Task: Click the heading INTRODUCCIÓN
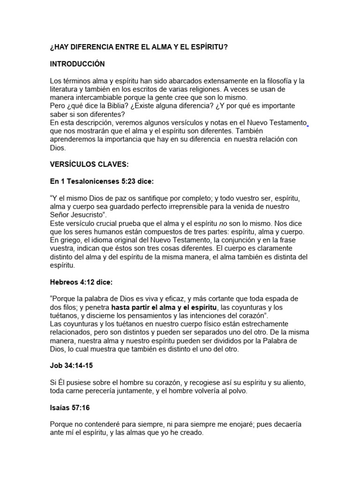(77, 64)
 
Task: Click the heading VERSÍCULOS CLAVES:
(89, 165)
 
